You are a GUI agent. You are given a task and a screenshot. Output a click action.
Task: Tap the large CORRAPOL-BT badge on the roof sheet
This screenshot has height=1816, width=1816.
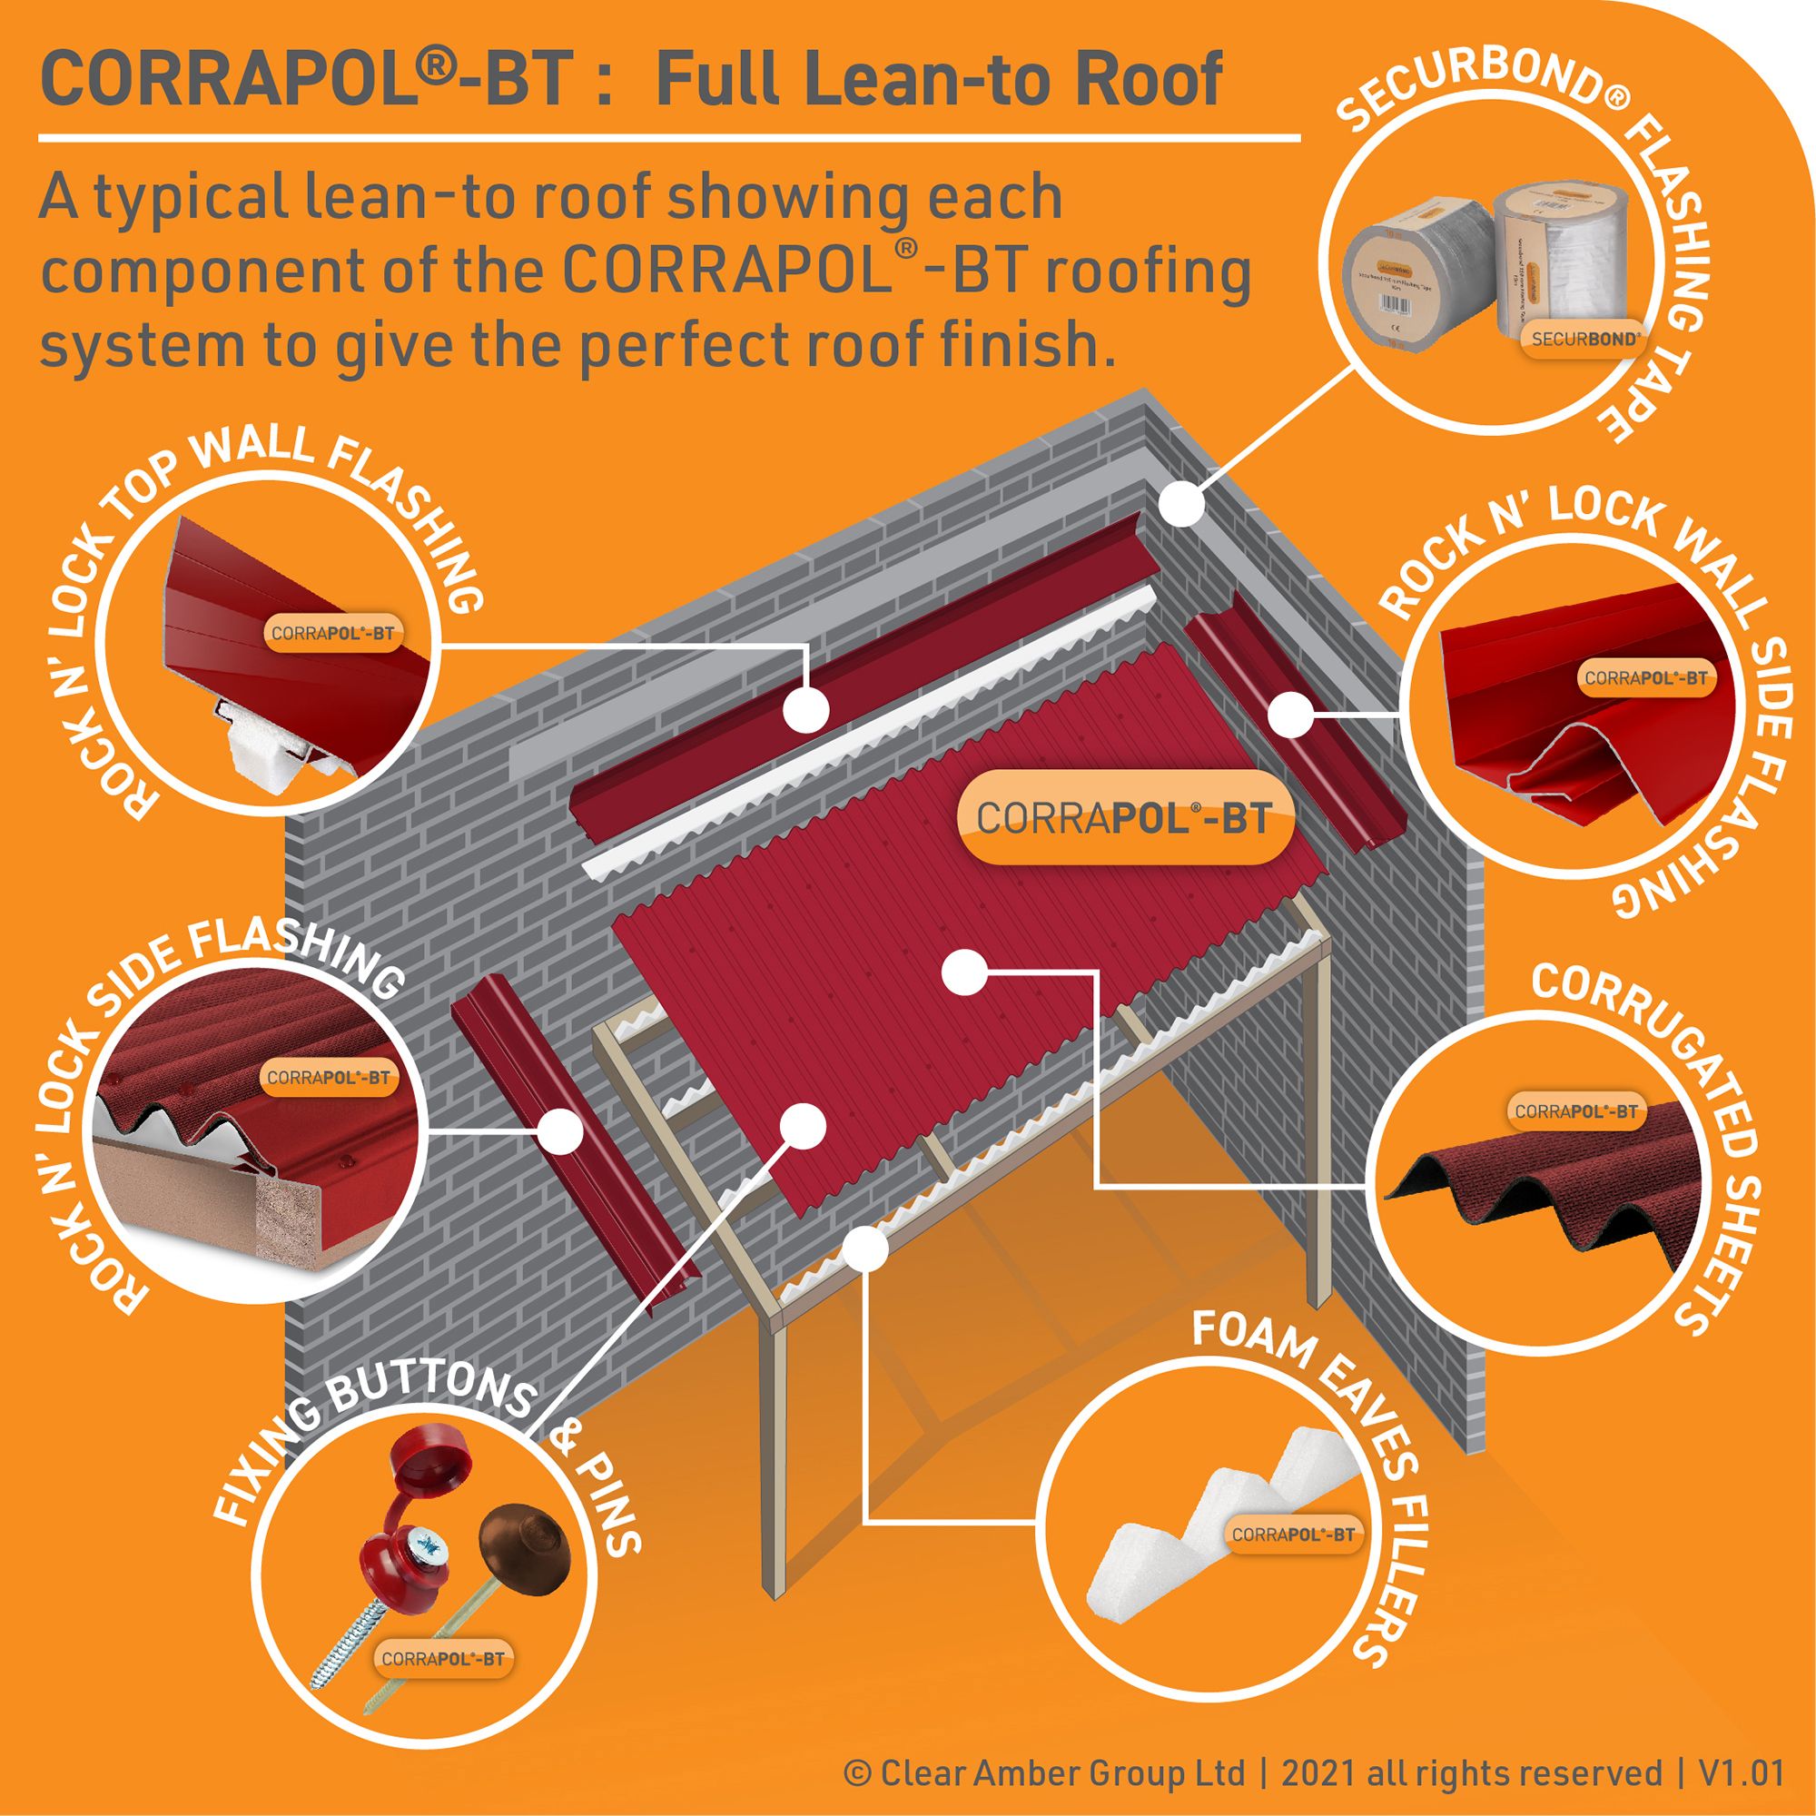point(1123,818)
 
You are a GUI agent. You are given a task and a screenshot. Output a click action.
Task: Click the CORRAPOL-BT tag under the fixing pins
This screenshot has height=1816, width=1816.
point(443,1684)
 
